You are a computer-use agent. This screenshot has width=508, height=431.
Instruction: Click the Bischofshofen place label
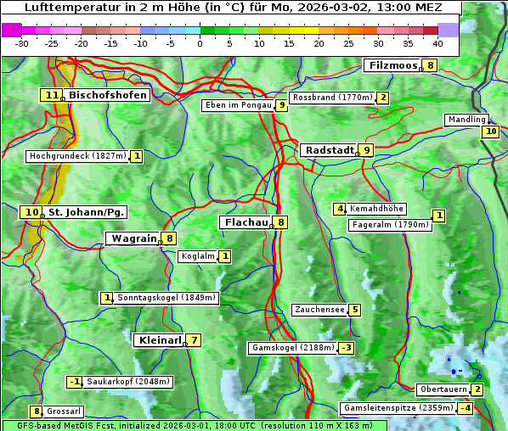(x=108, y=95)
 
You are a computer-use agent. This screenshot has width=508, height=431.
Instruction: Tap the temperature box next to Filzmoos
(x=431, y=65)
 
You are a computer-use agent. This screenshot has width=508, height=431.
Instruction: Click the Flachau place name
(x=245, y=222)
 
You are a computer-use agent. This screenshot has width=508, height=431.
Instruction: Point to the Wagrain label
(x=134, y=238)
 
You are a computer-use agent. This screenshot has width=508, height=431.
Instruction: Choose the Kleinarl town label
(x=160, y=340)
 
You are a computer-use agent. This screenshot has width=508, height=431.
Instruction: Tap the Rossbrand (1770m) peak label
(x=332, y=98)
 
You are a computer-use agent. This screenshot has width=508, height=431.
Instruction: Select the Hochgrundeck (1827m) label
(x=77, y=156)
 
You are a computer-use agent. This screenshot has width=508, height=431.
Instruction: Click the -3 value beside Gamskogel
(x=346, y=348)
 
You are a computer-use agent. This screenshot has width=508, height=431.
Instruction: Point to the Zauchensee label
(x=319, y=310)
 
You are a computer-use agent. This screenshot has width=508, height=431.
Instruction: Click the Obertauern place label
(x=443, y=389)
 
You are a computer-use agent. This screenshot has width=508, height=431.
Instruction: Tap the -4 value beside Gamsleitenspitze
(x=465, y=408)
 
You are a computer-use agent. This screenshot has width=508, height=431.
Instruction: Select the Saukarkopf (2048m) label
(x=128, y=382)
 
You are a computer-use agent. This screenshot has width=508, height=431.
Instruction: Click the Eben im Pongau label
(x=237, y=105)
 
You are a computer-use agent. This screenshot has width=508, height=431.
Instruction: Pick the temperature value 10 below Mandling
(x=490, y=132)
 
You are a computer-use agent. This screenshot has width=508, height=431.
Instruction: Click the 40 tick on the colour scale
(x=437, y=42)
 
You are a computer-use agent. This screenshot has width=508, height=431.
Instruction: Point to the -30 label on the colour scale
(x=22, y=42)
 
